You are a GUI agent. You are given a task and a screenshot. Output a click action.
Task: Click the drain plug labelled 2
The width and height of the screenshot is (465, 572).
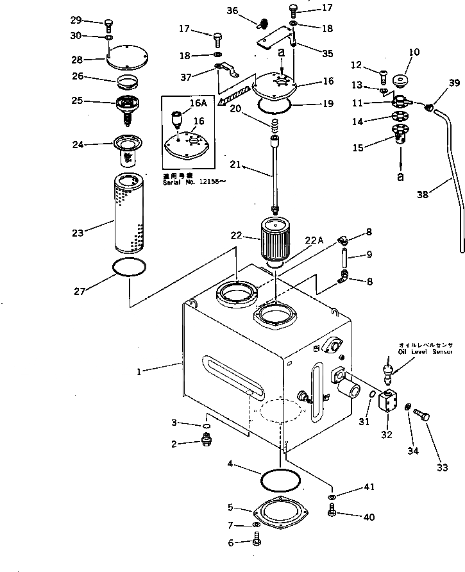pos(206,441)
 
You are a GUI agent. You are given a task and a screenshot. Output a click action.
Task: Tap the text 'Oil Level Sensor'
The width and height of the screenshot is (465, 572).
pos(425,351)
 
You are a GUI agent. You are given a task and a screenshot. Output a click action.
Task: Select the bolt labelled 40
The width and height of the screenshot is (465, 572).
pos(332,510)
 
